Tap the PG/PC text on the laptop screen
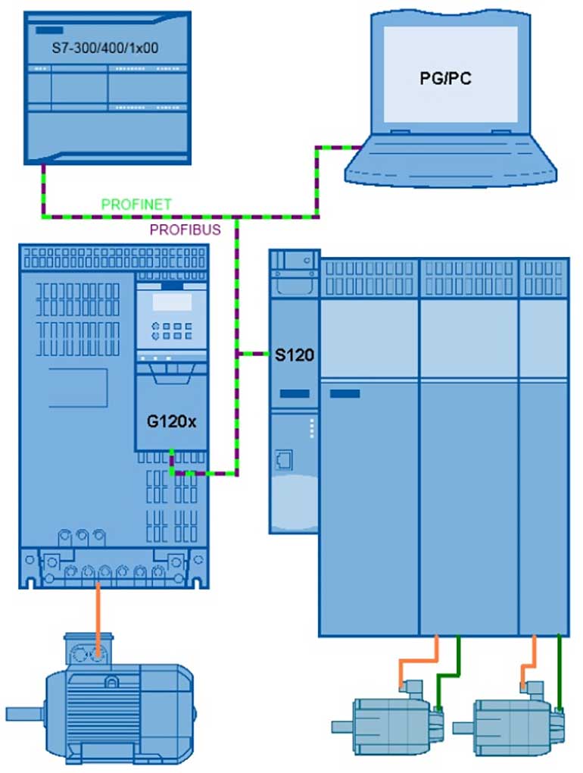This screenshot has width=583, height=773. (x=447, y=77)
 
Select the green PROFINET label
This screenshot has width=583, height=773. (x=136, y=204)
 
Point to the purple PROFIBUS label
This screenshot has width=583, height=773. (x=185, y=228)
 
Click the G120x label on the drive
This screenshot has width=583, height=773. (x=171, y=421)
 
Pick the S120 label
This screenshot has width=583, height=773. (x=294, y=354)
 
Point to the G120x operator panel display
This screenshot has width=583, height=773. (x=170, y=302)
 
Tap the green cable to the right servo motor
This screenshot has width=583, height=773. (x=559, y=674)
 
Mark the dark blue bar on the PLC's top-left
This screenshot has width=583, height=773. (x=48, y=30)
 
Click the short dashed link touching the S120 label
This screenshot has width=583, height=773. (x=254, y=353)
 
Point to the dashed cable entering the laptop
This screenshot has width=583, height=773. (x=333, y=147)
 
